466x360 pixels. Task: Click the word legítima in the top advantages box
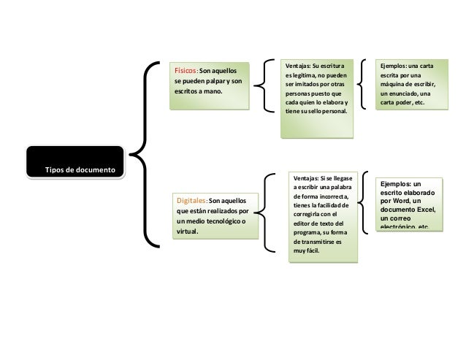click(308, 75)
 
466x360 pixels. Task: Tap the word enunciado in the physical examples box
click(406, 93)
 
